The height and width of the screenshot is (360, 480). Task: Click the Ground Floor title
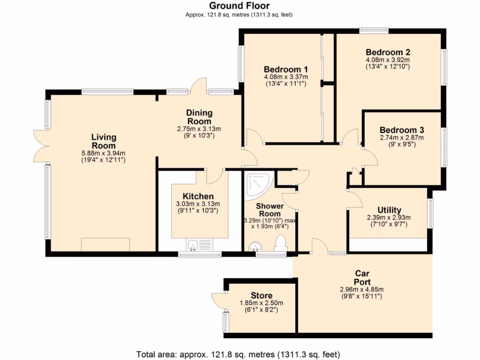click(239, 6)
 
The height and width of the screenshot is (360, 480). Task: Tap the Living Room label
click(104, 141)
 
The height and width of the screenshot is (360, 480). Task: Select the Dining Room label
click(199, 117)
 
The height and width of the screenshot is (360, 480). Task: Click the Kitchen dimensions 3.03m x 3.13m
click(198, 204)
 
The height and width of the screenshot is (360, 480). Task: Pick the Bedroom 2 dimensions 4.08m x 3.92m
click(388, 60)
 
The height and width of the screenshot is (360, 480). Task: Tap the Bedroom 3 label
click(401, 130)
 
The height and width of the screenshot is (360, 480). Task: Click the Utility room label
click(389, 210)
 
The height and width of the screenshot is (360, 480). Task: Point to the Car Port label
click(362, 277)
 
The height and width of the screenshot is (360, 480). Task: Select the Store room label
click(262, 296)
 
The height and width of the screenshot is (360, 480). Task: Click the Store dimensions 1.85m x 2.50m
click(262, 303)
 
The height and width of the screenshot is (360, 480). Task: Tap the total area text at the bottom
click(238, 354)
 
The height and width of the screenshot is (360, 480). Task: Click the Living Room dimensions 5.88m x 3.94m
click(104, 153)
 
